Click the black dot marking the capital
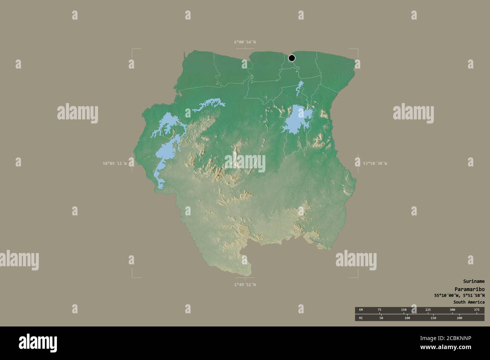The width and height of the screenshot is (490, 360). point(292,58)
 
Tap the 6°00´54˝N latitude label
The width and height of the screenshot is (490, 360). point(245,42)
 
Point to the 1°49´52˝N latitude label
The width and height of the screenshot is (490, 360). point(245,285)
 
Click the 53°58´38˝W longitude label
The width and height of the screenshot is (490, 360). point(375,163)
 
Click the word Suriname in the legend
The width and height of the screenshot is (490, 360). point(474,281)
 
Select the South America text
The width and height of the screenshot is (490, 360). point(469,302)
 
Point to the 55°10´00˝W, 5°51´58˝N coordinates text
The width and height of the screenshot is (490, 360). point(459,295)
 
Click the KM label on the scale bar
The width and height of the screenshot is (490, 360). point(361,310)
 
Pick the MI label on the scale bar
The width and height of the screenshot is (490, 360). point(361,318)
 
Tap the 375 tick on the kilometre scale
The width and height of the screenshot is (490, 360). point(476,310)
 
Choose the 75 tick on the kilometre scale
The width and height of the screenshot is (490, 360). point(379,310)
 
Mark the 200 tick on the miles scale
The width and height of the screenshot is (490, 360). point(459,318)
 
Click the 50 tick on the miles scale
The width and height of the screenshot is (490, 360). point(381,318)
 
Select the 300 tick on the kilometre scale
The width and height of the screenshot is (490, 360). point(452,310)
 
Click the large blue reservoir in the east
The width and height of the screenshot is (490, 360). point(298,120)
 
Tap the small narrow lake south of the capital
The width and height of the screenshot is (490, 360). point(300,88)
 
